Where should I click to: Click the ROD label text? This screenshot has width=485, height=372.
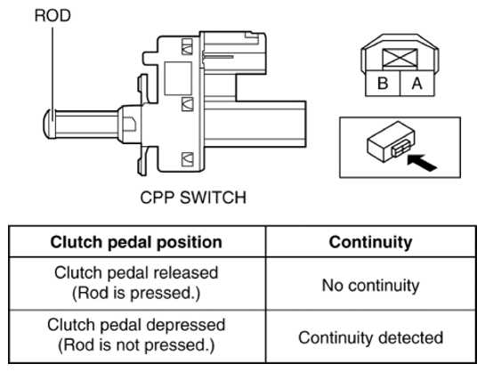[x=53, y=15]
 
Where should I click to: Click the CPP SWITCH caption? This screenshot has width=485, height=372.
[x=193, y=198]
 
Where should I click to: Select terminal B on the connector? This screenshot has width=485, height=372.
[x=383, y=83]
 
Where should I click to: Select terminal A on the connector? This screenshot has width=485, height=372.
[x=417, y=83]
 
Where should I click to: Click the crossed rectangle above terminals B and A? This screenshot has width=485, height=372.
[x=400, y=58]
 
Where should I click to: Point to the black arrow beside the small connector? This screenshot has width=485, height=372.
[x=422, y=163]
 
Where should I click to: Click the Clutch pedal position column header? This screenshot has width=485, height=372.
[x=136, y=242]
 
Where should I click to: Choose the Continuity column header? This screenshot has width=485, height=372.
[x=370, y=242]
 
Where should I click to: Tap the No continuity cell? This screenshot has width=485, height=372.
[x=370, y=285]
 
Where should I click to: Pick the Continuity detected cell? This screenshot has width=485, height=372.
[x=370, y=337]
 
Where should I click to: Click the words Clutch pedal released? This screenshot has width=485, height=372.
[x=136, y=272]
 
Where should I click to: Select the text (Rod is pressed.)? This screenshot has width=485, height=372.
[x=136, y=293]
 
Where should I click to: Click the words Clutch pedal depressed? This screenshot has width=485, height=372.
[x=136, y=325]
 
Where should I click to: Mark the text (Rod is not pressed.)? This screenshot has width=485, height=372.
[x=136, y=345]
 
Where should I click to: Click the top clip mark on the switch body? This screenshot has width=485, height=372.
[x=187, y=46]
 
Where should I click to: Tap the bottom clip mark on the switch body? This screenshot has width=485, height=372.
[x=187, y=159]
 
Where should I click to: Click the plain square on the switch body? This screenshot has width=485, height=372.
[x=178, y=78]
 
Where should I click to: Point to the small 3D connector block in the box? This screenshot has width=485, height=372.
[x=391, y=142]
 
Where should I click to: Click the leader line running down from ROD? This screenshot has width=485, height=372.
[x=53, y=75]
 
